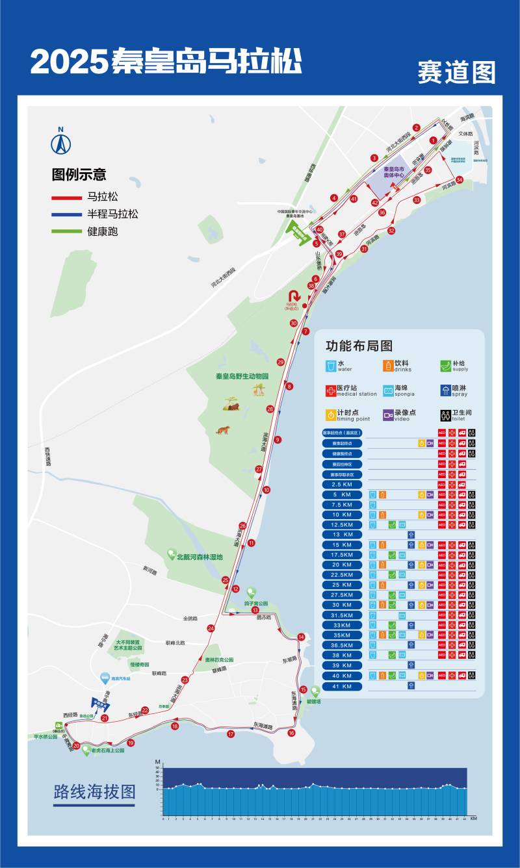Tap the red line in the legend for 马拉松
pos(66,197)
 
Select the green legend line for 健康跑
pos(66,231)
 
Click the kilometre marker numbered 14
pos(301,637)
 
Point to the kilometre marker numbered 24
pos(211,628)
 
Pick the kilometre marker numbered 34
pos(460,180)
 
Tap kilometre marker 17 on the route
pos(231,734)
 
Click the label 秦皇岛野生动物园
pos(242,376)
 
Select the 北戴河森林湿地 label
pos(200,557)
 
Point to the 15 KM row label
pos(342,545)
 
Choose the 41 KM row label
pos(342,686)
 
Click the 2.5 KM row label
pos(342,485)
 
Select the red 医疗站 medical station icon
pos(331,390)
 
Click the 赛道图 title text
pos(456,72)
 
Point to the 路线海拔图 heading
pos(95,792)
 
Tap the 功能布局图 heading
pos(359,346)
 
